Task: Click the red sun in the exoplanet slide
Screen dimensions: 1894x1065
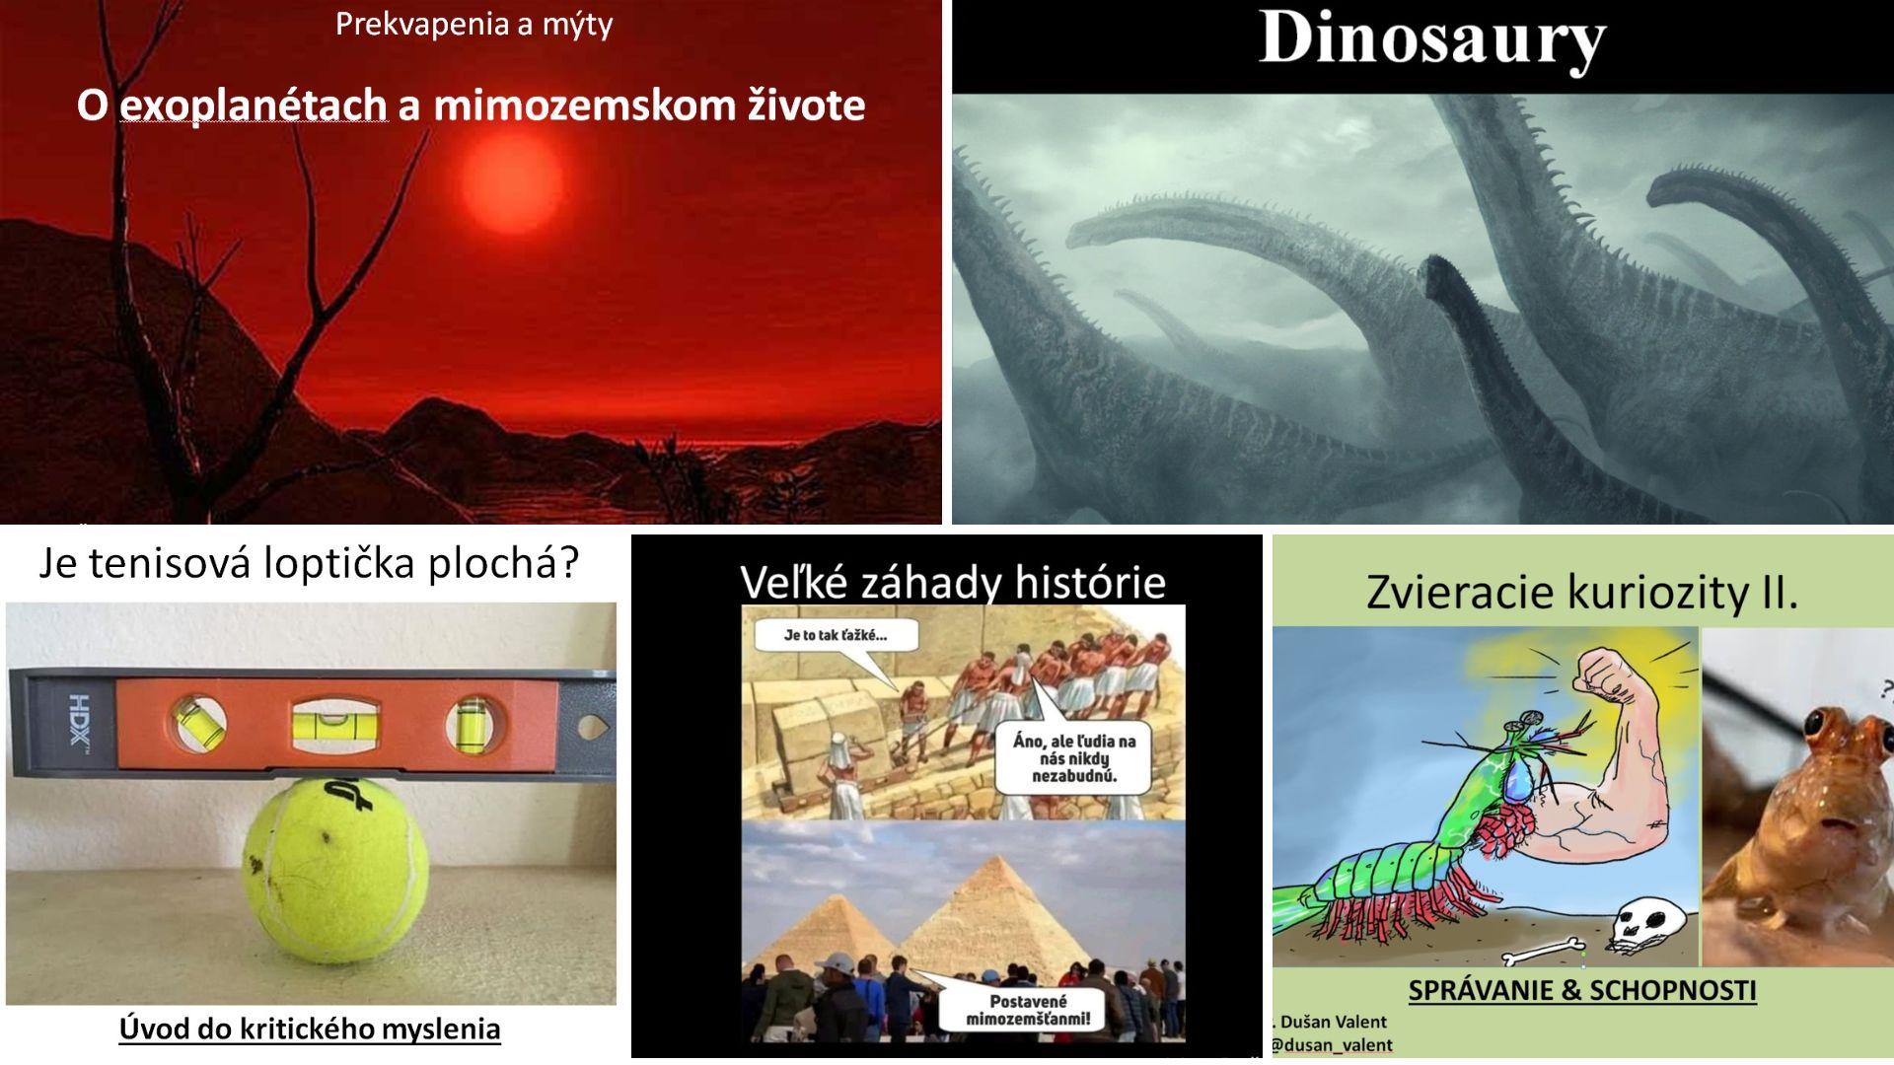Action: (x=511, y=182)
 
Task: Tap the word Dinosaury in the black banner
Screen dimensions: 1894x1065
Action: (x=1432, y=40)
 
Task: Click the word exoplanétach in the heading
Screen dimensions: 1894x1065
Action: (x=254, y=106)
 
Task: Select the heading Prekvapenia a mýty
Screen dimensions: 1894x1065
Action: (x=474, y=24)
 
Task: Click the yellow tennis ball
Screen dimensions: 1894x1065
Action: (x=336, y=870)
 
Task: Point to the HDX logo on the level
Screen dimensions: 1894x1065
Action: (x=79, y=721)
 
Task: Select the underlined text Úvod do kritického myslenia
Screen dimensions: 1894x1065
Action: (x=310, y=1029)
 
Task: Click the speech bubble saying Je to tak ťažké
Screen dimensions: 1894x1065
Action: (x=837, y=635)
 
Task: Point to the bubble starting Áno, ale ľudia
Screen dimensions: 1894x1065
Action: (x=1074, y=757)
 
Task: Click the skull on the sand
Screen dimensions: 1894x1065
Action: (x=1645, y=921)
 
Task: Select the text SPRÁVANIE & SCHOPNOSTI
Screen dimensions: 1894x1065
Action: (x=1582, y=990)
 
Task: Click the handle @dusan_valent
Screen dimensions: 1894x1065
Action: (x=1332, y=1045)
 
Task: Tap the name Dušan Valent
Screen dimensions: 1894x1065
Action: (x=1334, y=1023)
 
